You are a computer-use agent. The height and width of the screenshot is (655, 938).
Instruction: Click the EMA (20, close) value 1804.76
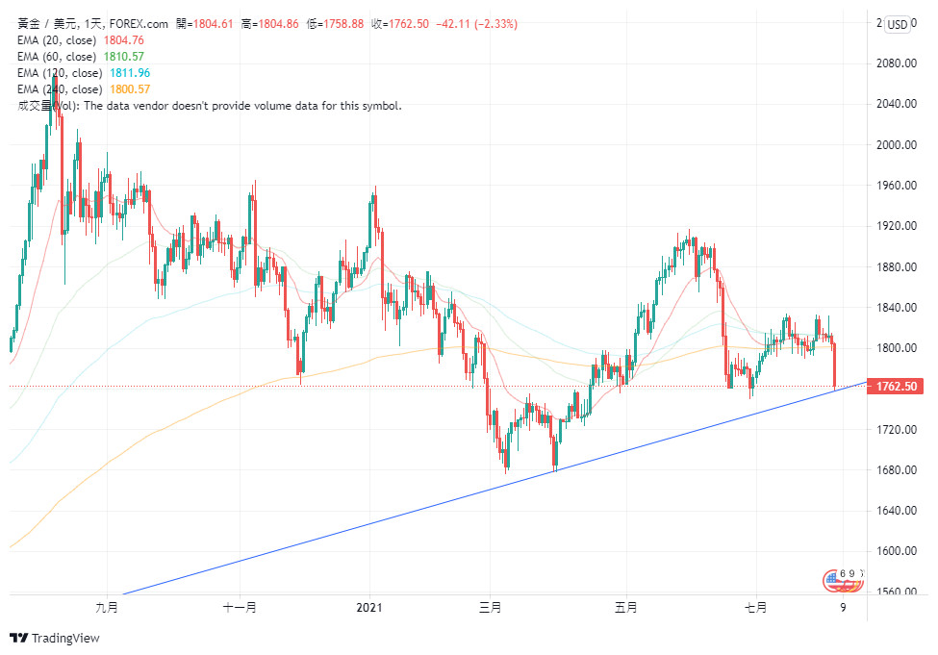123,40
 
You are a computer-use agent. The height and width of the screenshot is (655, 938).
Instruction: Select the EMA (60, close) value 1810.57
123,57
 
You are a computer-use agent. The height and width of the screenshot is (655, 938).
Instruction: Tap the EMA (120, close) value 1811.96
130,73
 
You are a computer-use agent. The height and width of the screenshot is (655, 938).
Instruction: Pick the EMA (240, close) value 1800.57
130,89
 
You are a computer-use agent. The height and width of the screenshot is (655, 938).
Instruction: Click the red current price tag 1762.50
895,387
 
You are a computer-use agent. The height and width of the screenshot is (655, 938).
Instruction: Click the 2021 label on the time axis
369,607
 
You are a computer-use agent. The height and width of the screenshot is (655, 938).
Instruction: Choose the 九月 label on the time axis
107,607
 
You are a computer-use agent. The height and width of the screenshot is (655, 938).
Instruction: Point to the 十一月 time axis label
239,607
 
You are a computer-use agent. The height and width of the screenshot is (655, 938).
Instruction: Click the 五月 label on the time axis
625,607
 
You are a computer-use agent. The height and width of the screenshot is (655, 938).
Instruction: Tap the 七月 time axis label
756,607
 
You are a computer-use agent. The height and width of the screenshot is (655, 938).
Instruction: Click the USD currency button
898,24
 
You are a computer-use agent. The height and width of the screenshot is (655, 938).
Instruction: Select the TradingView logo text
64,638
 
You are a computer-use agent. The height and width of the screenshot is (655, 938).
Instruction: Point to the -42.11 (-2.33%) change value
477,24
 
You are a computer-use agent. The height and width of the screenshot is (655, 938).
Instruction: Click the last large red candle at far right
834,365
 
